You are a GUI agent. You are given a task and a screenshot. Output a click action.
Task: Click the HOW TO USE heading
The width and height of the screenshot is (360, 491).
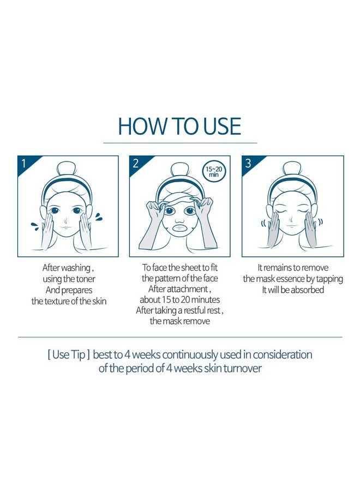tap(179, 126)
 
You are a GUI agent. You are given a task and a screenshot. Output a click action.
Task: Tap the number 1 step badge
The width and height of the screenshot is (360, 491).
tap(23, 163)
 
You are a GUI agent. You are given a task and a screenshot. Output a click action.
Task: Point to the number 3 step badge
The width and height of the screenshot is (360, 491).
tap(249, 163)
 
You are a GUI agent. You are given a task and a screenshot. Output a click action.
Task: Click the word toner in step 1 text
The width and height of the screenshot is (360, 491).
tap(82, 279)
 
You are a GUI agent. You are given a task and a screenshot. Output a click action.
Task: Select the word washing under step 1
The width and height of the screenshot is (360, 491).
tap(71, 268)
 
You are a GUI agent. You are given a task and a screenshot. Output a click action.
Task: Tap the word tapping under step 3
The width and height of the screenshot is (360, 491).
tap(329, 279)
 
